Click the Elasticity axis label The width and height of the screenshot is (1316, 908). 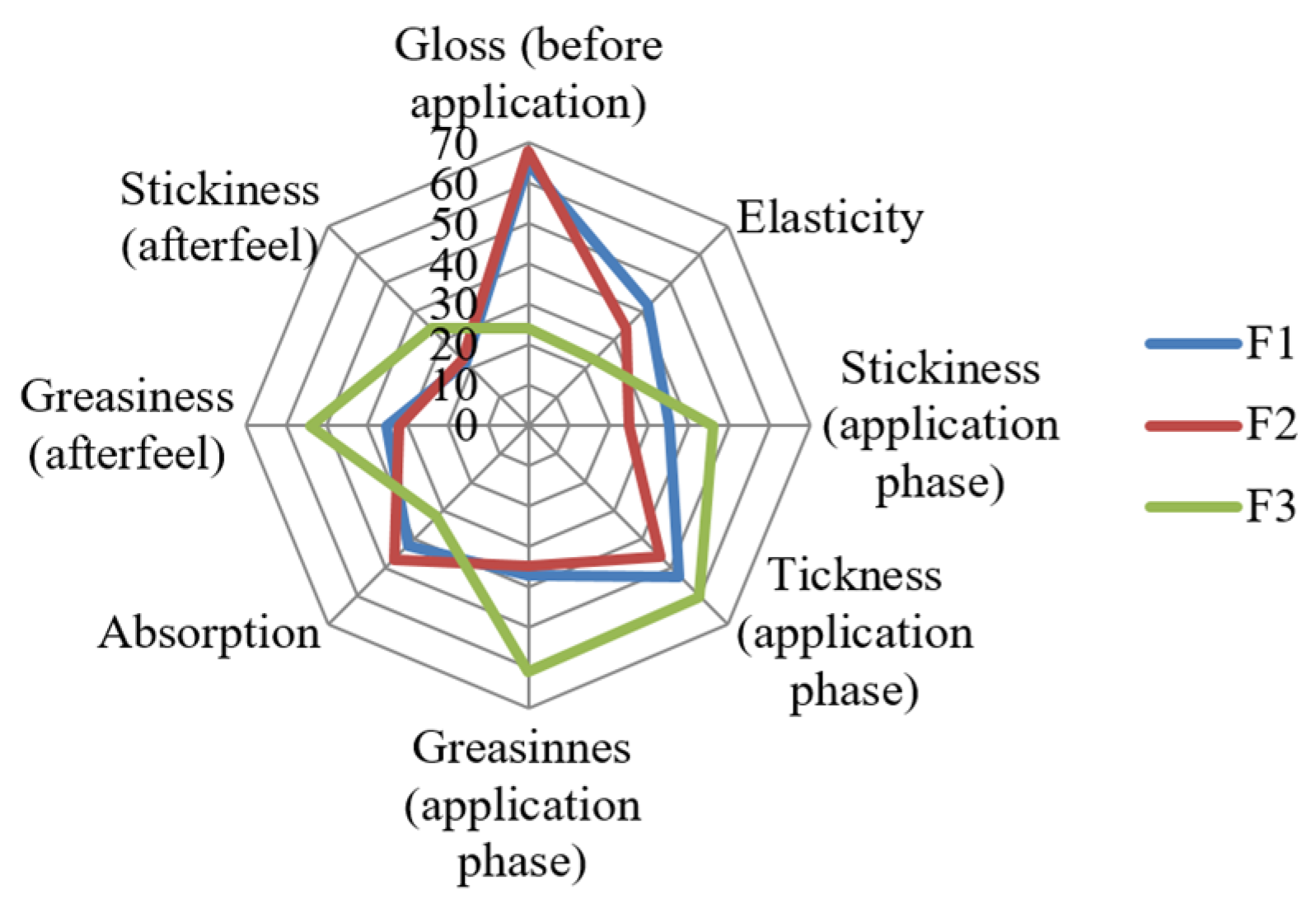[x=829, y=218]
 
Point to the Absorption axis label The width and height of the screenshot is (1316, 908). [x=209, y=634]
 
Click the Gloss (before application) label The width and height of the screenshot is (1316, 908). [x=528, y=73]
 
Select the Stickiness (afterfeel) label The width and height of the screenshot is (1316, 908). [x=219, y=217]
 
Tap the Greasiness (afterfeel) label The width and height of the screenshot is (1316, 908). [x=127, y=424]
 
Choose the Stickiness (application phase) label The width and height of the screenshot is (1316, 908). [x=940, y=424]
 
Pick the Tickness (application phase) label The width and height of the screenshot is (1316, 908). [x=855, y=632]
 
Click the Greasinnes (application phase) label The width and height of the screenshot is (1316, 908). [x=522, y=804]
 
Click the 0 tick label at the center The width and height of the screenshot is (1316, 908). [x=466, y=426]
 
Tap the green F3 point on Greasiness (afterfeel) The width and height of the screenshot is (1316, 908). [x=308, y=426]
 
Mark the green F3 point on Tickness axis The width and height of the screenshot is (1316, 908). [x=700, y=598]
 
